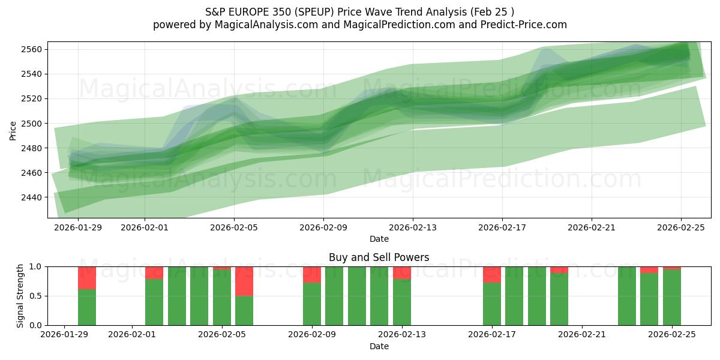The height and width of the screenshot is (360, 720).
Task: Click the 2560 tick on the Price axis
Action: (x=33, y=49)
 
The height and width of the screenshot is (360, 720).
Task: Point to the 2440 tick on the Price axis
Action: (x=33, y=197)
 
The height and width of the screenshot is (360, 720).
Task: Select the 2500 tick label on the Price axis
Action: (x=33, y=124)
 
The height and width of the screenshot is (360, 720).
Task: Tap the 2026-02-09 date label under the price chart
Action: (x=323, y=228)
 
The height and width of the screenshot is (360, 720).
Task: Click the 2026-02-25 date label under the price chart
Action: (x=681, y=228)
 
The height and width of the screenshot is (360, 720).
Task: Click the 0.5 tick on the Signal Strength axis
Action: (x=36, y=296)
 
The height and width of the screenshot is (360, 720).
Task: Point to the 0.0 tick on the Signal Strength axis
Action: (x=36, y=325)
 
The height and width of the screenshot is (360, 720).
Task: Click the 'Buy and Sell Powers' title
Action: (x=379, y=257)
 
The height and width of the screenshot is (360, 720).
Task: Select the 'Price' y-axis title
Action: (x=14, y=130)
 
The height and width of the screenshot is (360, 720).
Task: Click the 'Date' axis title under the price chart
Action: (x=379, y=239)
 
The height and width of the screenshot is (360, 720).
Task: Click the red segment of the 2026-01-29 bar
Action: (x=87, y=278)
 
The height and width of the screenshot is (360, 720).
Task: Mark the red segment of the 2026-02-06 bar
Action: (x=244, y=281)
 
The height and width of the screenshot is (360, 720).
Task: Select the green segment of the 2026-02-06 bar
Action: (x=244, y=310)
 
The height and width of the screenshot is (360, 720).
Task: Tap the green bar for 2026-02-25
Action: (x=672, y=297)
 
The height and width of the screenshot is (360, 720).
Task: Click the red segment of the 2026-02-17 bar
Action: (x=492, y=274)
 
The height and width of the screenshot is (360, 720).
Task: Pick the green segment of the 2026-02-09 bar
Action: (x=312, y=304)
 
